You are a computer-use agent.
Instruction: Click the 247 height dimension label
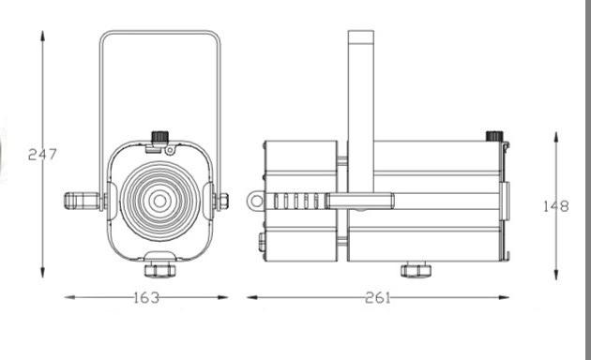[x=42, y=154]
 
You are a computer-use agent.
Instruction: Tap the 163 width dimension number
[x=146, y=297]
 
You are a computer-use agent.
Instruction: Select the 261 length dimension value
[x=378, y=297]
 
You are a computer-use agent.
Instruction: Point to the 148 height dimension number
[x=556, y=206]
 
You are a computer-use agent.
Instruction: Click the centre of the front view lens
[x=160, y=201]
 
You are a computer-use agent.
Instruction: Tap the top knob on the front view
[x=159, y=137]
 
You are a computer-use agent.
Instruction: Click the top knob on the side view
[x=494, y=136]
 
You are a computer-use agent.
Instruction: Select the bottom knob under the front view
[x=159, y=270]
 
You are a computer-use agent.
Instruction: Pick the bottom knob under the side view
[x=416, y=270]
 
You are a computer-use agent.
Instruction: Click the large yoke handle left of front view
[x=83, y=201]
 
